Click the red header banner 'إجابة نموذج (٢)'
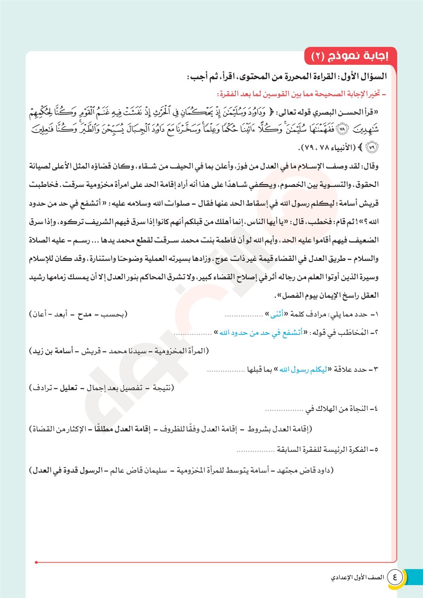[x=350, y=56]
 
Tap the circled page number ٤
[x=394, y=577]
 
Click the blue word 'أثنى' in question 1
[x=277, y=314]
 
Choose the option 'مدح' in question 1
[x=85, y=314]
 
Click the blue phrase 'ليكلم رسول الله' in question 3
[x=303, y=369]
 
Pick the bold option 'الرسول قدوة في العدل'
[x=68, y=470]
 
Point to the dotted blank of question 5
[x=255, y=450]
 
